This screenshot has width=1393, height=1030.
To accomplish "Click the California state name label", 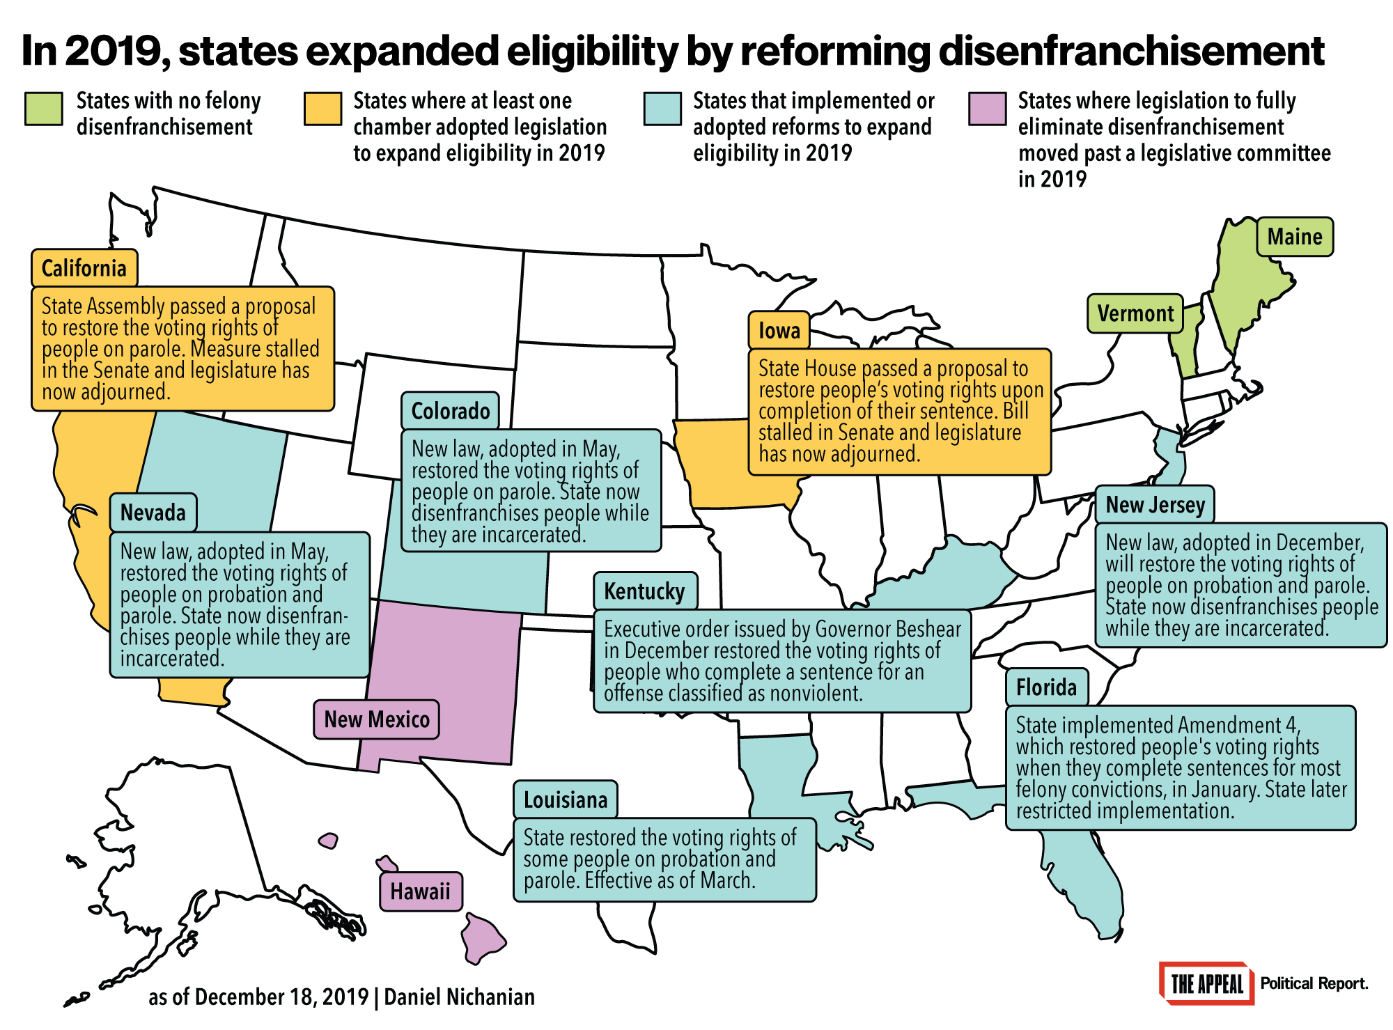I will pos(84,268).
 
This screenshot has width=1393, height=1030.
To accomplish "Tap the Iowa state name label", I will pos(779,330).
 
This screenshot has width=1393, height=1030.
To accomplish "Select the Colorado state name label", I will pos(450,411).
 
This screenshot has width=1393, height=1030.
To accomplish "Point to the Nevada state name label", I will pos(153,513).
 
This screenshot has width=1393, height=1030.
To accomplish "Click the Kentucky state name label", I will pos(644,591).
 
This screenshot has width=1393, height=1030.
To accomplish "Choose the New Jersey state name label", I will pos(1155,504).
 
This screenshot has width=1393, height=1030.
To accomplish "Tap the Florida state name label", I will pos(1046,687).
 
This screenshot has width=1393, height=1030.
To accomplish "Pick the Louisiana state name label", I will pos(565,799).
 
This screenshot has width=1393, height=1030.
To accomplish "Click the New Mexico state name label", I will pos(377,719).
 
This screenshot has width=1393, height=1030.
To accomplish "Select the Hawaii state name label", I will pos(420,891).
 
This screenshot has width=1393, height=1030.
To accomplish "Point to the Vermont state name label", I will pos(1135,313).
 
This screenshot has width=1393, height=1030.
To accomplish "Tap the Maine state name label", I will pos(1294,237).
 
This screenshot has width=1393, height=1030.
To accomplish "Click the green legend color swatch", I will pos(44,109).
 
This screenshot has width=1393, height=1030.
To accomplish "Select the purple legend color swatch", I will pos(987,109).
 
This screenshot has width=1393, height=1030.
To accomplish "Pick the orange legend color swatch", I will pos(322,109).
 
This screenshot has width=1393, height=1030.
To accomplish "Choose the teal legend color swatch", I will pos(662,109).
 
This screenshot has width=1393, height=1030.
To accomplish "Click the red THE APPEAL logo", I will pos(1206,983).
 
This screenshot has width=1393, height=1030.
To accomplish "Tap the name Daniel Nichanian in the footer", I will pos(459,997).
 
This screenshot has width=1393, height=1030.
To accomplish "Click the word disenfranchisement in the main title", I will pos(1130,51).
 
